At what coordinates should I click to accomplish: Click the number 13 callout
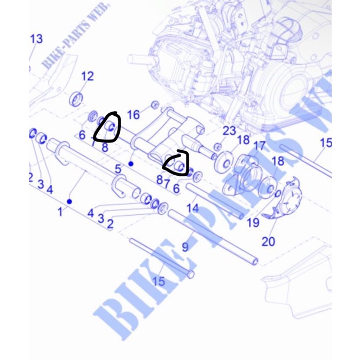click(36, 39)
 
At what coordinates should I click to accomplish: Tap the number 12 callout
click(87, 76)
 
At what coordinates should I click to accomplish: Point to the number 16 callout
click(133, 114)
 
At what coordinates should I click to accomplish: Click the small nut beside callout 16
click(155, 104)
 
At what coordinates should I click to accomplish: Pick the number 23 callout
click(229, 131)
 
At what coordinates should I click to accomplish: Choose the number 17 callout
click(259, 145)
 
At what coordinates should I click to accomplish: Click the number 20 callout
click(269, 241)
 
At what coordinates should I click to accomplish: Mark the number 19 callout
click(253, 222)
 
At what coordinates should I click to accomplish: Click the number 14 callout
click(193, 207)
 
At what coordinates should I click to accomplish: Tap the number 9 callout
click(185, 247)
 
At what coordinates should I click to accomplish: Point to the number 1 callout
click(60, 212)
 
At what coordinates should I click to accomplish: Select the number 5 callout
click(118, 170)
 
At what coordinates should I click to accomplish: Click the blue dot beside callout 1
click(69, 201)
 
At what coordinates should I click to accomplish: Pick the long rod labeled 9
click(214, 238)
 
